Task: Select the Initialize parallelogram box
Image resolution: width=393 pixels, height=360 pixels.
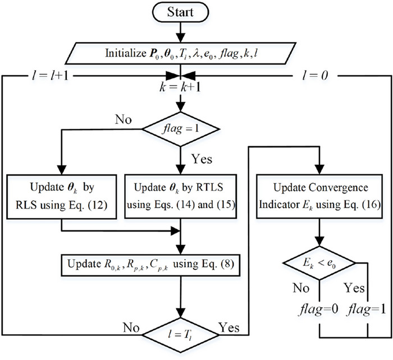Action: [x=180, y=55]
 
